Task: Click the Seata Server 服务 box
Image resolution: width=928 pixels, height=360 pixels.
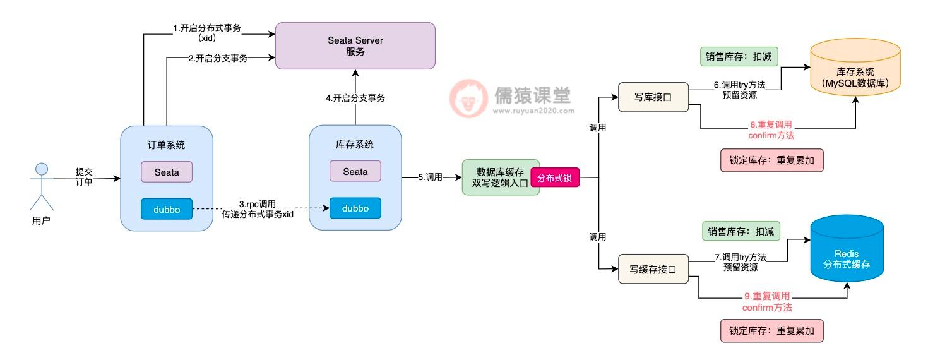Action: point(355,45)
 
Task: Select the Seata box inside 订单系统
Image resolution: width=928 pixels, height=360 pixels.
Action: point(167,172)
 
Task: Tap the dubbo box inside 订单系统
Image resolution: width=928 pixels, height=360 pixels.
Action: point(167,209)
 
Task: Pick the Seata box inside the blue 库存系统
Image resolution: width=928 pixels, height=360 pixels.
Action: point(355,171)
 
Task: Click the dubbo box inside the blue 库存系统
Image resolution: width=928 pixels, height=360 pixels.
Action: point(355,208)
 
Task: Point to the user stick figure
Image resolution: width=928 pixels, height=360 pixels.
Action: point(42,186)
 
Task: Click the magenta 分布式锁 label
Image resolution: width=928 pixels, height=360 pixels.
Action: point(554,179)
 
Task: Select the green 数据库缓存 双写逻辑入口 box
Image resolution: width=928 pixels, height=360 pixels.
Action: point(501,177)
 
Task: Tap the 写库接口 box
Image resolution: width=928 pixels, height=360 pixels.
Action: point(653,97)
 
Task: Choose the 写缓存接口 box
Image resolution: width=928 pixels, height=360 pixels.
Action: point(653,269)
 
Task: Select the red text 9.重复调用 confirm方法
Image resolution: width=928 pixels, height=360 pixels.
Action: point(767,301)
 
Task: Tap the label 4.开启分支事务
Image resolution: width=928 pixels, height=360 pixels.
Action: point(355,98)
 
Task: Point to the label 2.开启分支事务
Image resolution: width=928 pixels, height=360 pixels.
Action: point(218,58)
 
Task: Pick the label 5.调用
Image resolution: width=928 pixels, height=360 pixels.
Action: point(431,177)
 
